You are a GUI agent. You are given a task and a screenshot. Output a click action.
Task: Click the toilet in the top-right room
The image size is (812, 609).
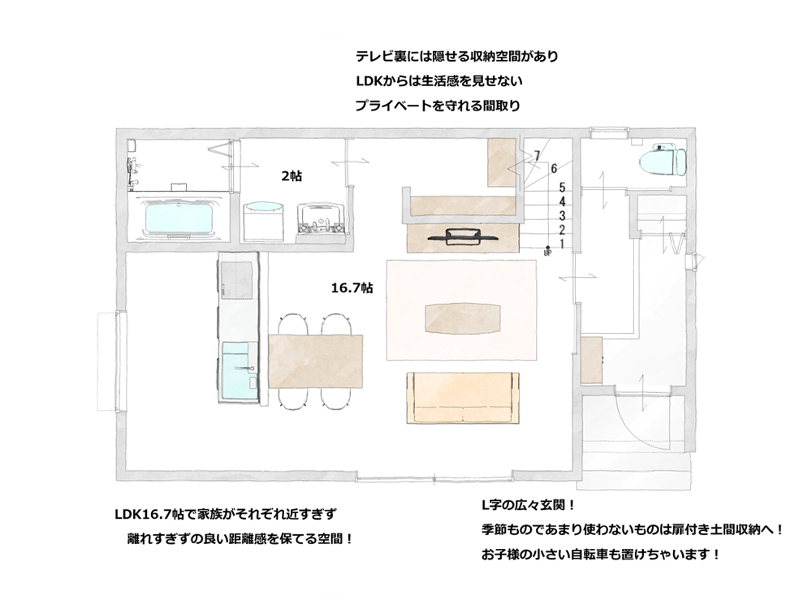(663, 162)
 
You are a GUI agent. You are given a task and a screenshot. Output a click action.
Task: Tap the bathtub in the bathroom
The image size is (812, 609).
(179, 218)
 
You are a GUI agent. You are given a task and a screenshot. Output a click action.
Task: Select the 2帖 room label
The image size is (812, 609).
(292, 176)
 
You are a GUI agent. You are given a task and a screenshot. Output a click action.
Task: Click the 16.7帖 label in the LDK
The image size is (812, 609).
(352, 288)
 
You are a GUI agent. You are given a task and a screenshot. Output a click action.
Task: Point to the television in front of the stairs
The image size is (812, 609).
(464, 236)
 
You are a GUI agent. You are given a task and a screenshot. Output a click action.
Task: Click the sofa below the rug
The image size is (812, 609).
(464, 398)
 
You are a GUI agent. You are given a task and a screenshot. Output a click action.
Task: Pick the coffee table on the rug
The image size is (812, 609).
(463, 318)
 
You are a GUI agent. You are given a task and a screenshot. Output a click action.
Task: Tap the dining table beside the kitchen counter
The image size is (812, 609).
(315, 361)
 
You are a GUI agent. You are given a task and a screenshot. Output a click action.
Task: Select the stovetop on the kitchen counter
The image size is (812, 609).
(236, 280)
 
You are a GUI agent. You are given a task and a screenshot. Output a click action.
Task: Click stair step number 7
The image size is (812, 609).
(537, 155)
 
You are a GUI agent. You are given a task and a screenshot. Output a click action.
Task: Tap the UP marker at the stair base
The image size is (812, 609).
(547, 253)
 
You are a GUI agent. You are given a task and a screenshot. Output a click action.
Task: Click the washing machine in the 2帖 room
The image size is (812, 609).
(264, 221)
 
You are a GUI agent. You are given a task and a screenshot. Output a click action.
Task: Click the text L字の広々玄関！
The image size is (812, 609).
(528, 504)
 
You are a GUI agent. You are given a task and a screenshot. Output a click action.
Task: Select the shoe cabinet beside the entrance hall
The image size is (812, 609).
(591, 360)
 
